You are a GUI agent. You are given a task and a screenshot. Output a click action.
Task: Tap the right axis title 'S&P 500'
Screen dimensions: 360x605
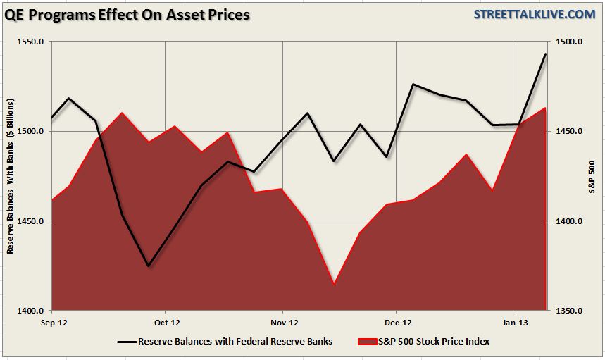[592, 176]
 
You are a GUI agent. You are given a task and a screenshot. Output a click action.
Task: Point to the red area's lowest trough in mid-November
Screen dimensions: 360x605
[334, 284]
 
